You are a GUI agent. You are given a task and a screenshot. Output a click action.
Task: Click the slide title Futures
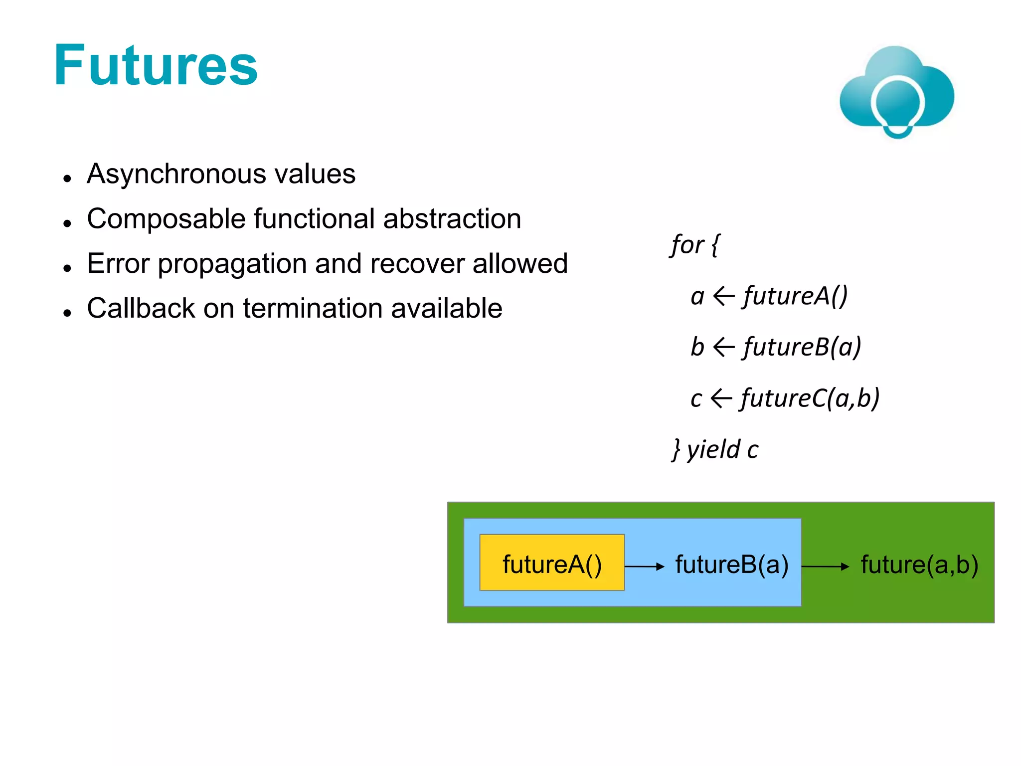156,66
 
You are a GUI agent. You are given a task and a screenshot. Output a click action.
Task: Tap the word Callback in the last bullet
141,308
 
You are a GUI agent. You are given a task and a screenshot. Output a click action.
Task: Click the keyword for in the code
687,245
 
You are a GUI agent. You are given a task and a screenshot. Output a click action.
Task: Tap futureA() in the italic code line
796,296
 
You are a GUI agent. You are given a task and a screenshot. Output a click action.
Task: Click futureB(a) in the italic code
802,347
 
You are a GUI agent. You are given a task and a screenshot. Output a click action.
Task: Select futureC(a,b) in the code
810,398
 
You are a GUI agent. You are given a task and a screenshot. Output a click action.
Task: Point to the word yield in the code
713,450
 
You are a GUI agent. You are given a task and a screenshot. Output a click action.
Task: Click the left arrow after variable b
724,347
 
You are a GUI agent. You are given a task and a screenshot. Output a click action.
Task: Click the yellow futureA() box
552,563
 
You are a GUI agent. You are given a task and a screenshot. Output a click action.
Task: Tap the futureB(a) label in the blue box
732,565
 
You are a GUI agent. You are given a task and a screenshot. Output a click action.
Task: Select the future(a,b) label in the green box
919,565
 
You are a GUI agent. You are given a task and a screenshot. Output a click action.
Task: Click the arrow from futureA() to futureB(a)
645,567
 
